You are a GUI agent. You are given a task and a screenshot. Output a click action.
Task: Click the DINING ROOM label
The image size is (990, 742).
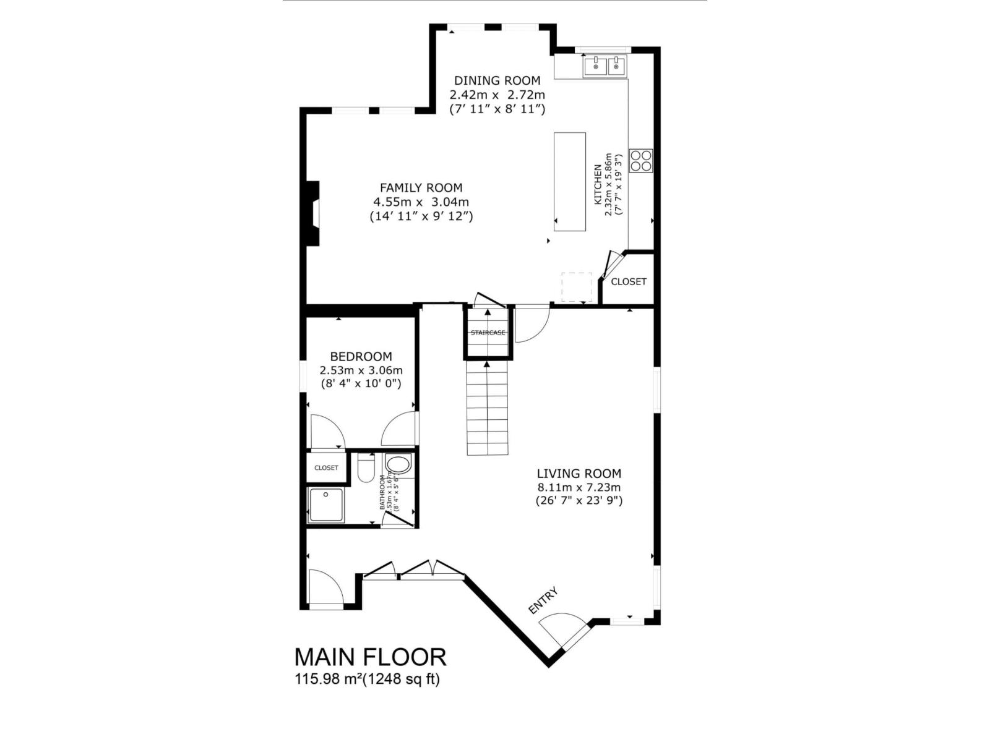click(x=497, y=80)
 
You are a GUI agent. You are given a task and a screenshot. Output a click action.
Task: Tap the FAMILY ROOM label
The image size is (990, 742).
click(x=421, y=188)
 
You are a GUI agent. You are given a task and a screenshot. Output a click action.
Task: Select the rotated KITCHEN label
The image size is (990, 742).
click(x=598, y=184)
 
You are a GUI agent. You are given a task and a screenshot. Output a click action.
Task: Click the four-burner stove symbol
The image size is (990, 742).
click(x=641, y=161)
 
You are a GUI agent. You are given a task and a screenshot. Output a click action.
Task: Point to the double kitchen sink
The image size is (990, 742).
click(x=605, y=66)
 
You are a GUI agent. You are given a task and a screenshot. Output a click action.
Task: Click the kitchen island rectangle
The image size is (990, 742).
click(x=570, y=181)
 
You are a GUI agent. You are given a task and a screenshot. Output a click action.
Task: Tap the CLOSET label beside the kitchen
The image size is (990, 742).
click(x=629, y=281)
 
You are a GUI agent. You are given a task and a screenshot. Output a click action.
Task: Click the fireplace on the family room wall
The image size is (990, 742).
click(x=313, y=213)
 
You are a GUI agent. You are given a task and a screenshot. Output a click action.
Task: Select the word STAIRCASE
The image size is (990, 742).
click(x=488, y=333)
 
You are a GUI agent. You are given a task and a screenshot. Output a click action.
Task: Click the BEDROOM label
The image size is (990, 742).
click(x=361, y=357)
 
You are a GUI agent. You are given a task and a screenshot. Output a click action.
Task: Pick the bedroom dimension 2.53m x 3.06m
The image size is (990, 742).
click(x=361, y=370)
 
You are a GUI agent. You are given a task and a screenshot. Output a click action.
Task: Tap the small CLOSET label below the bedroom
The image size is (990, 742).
click(x=326, y=467)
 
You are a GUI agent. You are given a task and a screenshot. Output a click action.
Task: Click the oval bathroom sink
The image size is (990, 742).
click(x=398, y=464)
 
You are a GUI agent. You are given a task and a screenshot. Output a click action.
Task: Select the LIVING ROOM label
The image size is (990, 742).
click(x=579, y=474)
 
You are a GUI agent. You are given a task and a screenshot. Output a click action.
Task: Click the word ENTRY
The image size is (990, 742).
click(x=543, y=600)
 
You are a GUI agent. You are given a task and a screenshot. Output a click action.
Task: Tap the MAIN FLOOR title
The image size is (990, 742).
click(x=370, y=657)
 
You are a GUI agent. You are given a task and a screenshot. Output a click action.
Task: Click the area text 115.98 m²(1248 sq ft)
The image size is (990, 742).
click(x=367, y=679)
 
